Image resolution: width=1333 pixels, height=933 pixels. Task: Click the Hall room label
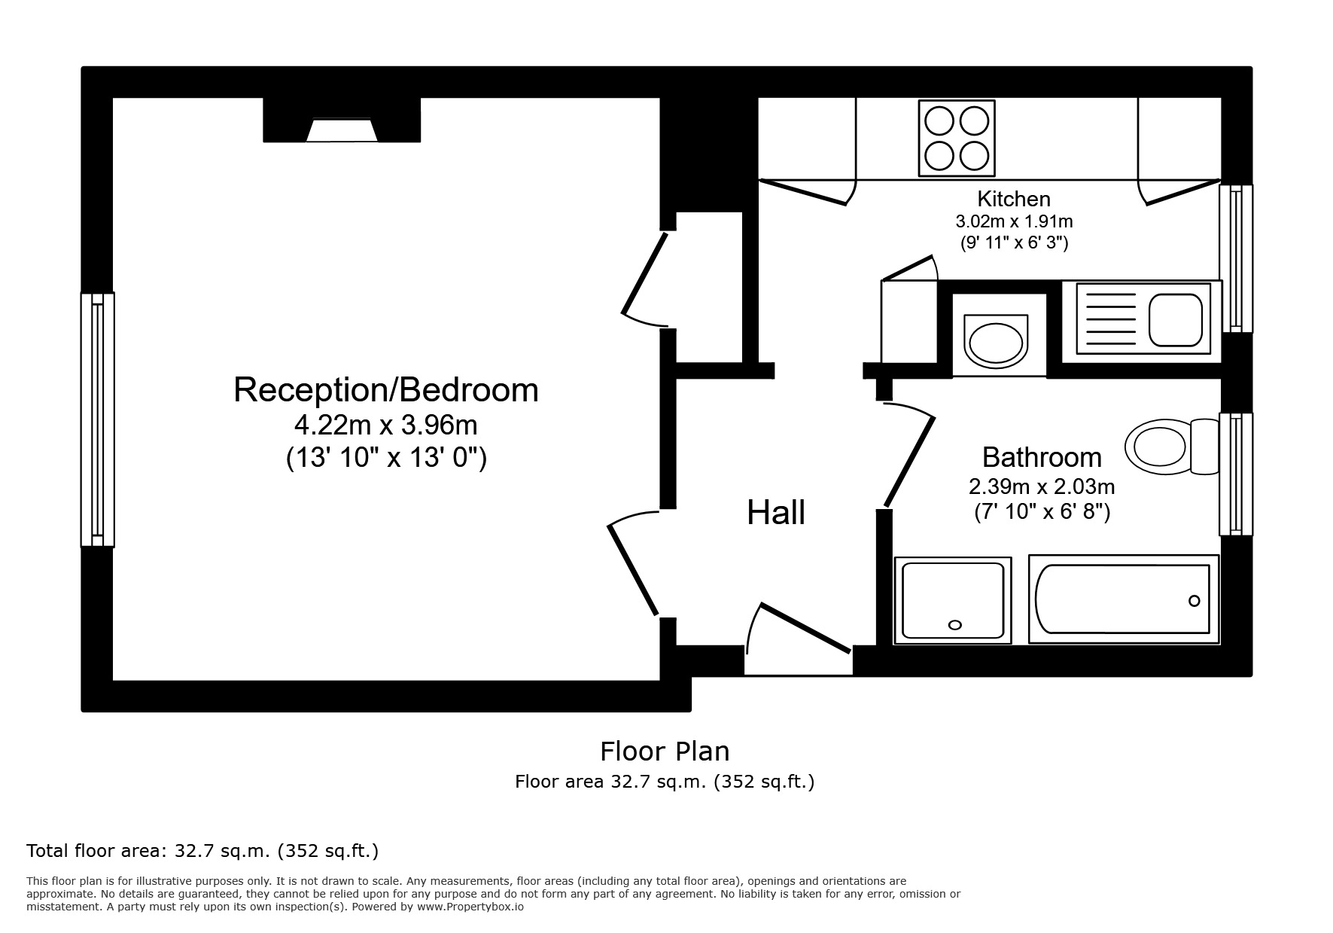(x=776, y=513)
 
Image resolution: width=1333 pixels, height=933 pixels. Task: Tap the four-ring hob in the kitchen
(x=956, y=138)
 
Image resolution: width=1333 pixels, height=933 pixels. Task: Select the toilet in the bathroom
(x=1170, y=447)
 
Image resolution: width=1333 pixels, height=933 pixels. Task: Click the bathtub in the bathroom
(x=1123, y=599)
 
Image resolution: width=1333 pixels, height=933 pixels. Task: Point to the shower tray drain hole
(x=955, y=625)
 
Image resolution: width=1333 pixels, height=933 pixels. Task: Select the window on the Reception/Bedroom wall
(x=98, y=419)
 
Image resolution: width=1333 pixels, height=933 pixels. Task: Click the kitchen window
(x=1236, y=258)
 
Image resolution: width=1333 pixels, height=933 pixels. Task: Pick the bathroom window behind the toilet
(x=1236, y=474)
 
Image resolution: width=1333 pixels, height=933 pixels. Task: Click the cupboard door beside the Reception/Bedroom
(x=645, y=273)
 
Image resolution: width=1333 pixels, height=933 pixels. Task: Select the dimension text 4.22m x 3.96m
(x=385, y=425)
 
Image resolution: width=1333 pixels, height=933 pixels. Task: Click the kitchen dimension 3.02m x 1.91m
(x=1013, y=221)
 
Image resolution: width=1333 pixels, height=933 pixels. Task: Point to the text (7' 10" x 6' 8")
(x=1042, y=512)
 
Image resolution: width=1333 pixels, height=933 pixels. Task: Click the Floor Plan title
(x=664, y=751)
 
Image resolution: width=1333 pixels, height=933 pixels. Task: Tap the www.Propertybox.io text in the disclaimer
(x=470, y=907)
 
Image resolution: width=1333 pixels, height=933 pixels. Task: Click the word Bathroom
(x=1041, y=457)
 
